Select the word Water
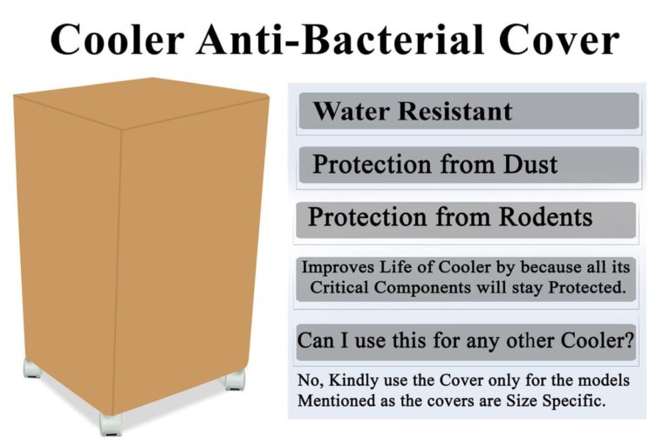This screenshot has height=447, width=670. coord(351,112)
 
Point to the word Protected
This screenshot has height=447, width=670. coord(586,289)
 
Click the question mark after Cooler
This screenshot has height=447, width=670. coord(630,340)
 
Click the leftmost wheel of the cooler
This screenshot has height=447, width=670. coord(33,370)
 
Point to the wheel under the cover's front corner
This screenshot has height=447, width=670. coord(111,423)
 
